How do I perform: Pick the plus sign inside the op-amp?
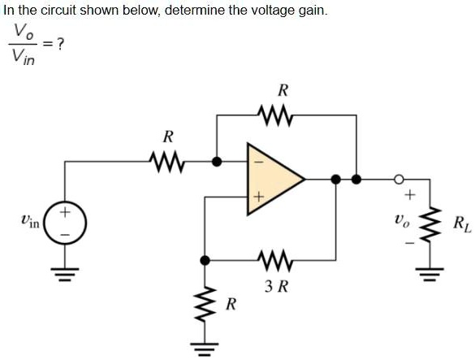260,196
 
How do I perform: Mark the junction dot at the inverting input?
216,161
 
